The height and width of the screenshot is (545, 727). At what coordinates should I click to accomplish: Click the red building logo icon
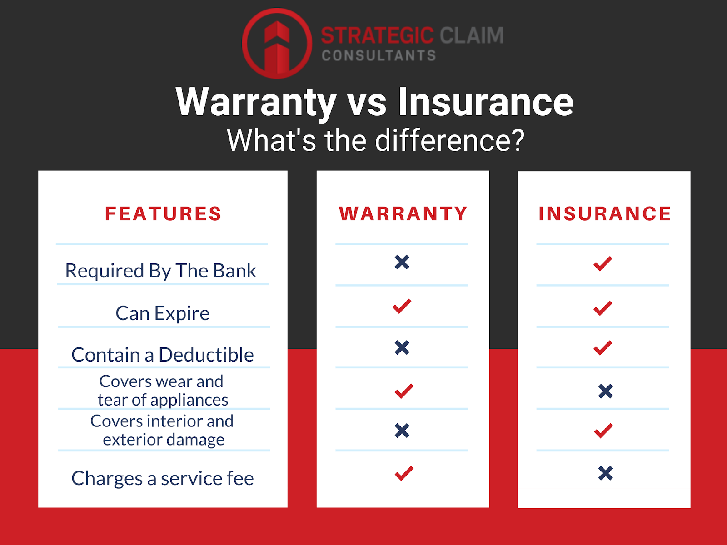277,43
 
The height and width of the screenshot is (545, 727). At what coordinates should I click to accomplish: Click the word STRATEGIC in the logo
377,35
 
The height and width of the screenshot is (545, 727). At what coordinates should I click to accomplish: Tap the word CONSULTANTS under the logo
379,55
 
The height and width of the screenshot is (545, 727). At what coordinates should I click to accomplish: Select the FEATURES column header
163,213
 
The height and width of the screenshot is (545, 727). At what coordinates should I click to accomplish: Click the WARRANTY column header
403,213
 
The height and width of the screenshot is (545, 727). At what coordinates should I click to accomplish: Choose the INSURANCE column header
605,213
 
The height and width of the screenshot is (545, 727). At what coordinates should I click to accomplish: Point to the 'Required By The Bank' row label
161,271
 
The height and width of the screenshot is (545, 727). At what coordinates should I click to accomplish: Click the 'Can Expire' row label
163,313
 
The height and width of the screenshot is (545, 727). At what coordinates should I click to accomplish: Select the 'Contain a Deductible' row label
163,354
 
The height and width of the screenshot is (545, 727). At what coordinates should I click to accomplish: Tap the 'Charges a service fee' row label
163,478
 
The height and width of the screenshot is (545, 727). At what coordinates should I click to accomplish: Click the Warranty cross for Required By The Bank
402,263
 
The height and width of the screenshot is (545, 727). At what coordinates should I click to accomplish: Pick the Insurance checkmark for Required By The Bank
603,264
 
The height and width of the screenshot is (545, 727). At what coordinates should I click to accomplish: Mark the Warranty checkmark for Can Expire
402,306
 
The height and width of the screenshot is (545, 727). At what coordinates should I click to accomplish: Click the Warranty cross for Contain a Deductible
402,347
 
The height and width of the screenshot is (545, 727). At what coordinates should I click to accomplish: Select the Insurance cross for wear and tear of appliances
606,391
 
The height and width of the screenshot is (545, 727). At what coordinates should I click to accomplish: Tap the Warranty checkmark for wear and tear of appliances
404,391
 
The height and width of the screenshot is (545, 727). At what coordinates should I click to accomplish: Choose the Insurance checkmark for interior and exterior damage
603,431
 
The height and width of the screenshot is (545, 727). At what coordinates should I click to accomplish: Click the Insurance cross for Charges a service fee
606,473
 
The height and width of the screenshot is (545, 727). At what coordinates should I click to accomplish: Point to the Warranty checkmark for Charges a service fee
404,473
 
